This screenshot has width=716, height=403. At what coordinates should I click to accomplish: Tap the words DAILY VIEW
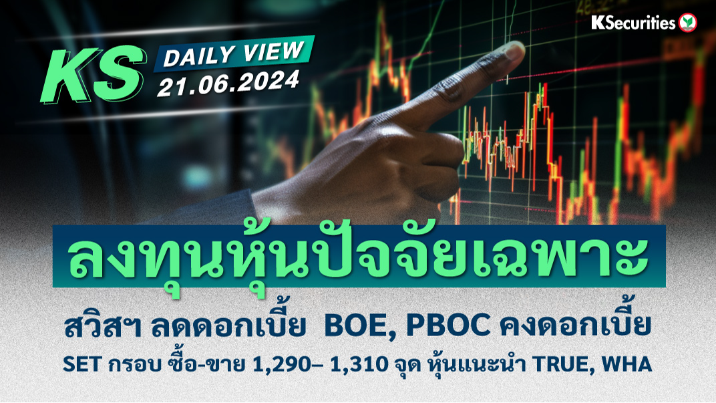234,53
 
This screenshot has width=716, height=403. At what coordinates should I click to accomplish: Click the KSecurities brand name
633,23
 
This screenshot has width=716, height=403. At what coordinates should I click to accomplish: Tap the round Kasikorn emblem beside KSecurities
688,23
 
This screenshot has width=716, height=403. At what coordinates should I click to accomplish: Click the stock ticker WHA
626,365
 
